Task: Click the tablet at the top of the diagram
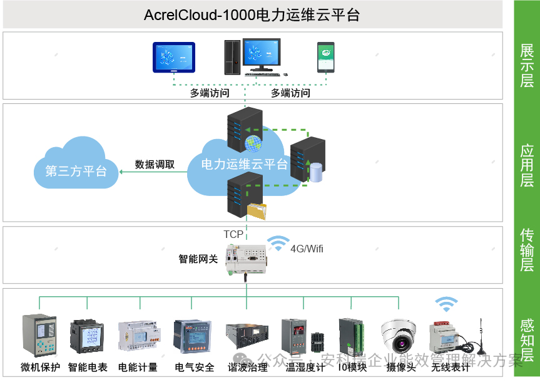174,58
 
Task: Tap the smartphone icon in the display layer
325,57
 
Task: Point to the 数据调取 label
155,165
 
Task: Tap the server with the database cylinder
308,160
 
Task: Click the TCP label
233,234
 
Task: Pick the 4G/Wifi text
307,249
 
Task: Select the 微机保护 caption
40,368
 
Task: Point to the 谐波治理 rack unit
247,339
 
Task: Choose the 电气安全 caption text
194,368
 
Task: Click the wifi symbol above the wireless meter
446,304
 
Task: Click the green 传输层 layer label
527,249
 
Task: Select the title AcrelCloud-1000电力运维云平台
252,14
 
